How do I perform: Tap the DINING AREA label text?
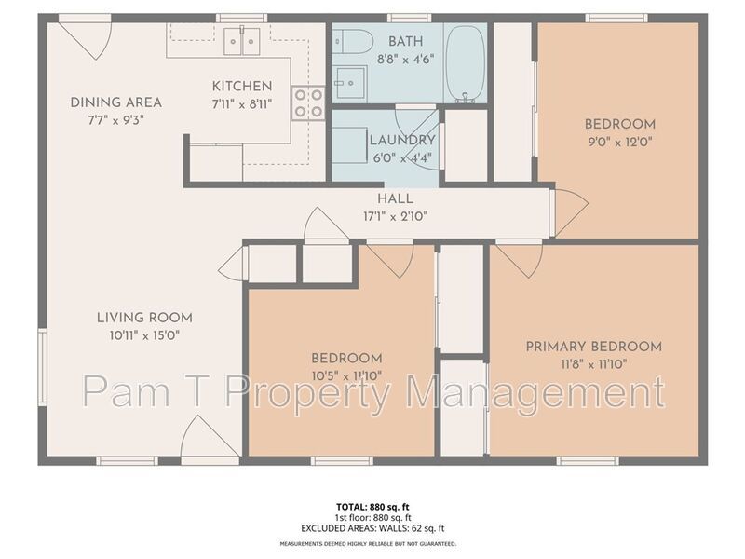pos(116,102)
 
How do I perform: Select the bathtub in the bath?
pos(465,63)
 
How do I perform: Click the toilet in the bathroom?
pos(355,42)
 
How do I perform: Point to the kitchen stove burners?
pos(307,102)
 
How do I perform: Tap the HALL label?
pos(395,198)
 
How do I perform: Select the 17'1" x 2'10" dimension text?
pos(395,216)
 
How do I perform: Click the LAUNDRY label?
pos(389,141)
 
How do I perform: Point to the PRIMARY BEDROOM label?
pos(593,347)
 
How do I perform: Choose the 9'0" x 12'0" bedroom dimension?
pos(619,142)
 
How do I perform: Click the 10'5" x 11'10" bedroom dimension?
pos(346,375)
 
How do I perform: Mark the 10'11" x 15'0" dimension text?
pos(138,333)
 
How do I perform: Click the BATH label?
pos(405,41)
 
